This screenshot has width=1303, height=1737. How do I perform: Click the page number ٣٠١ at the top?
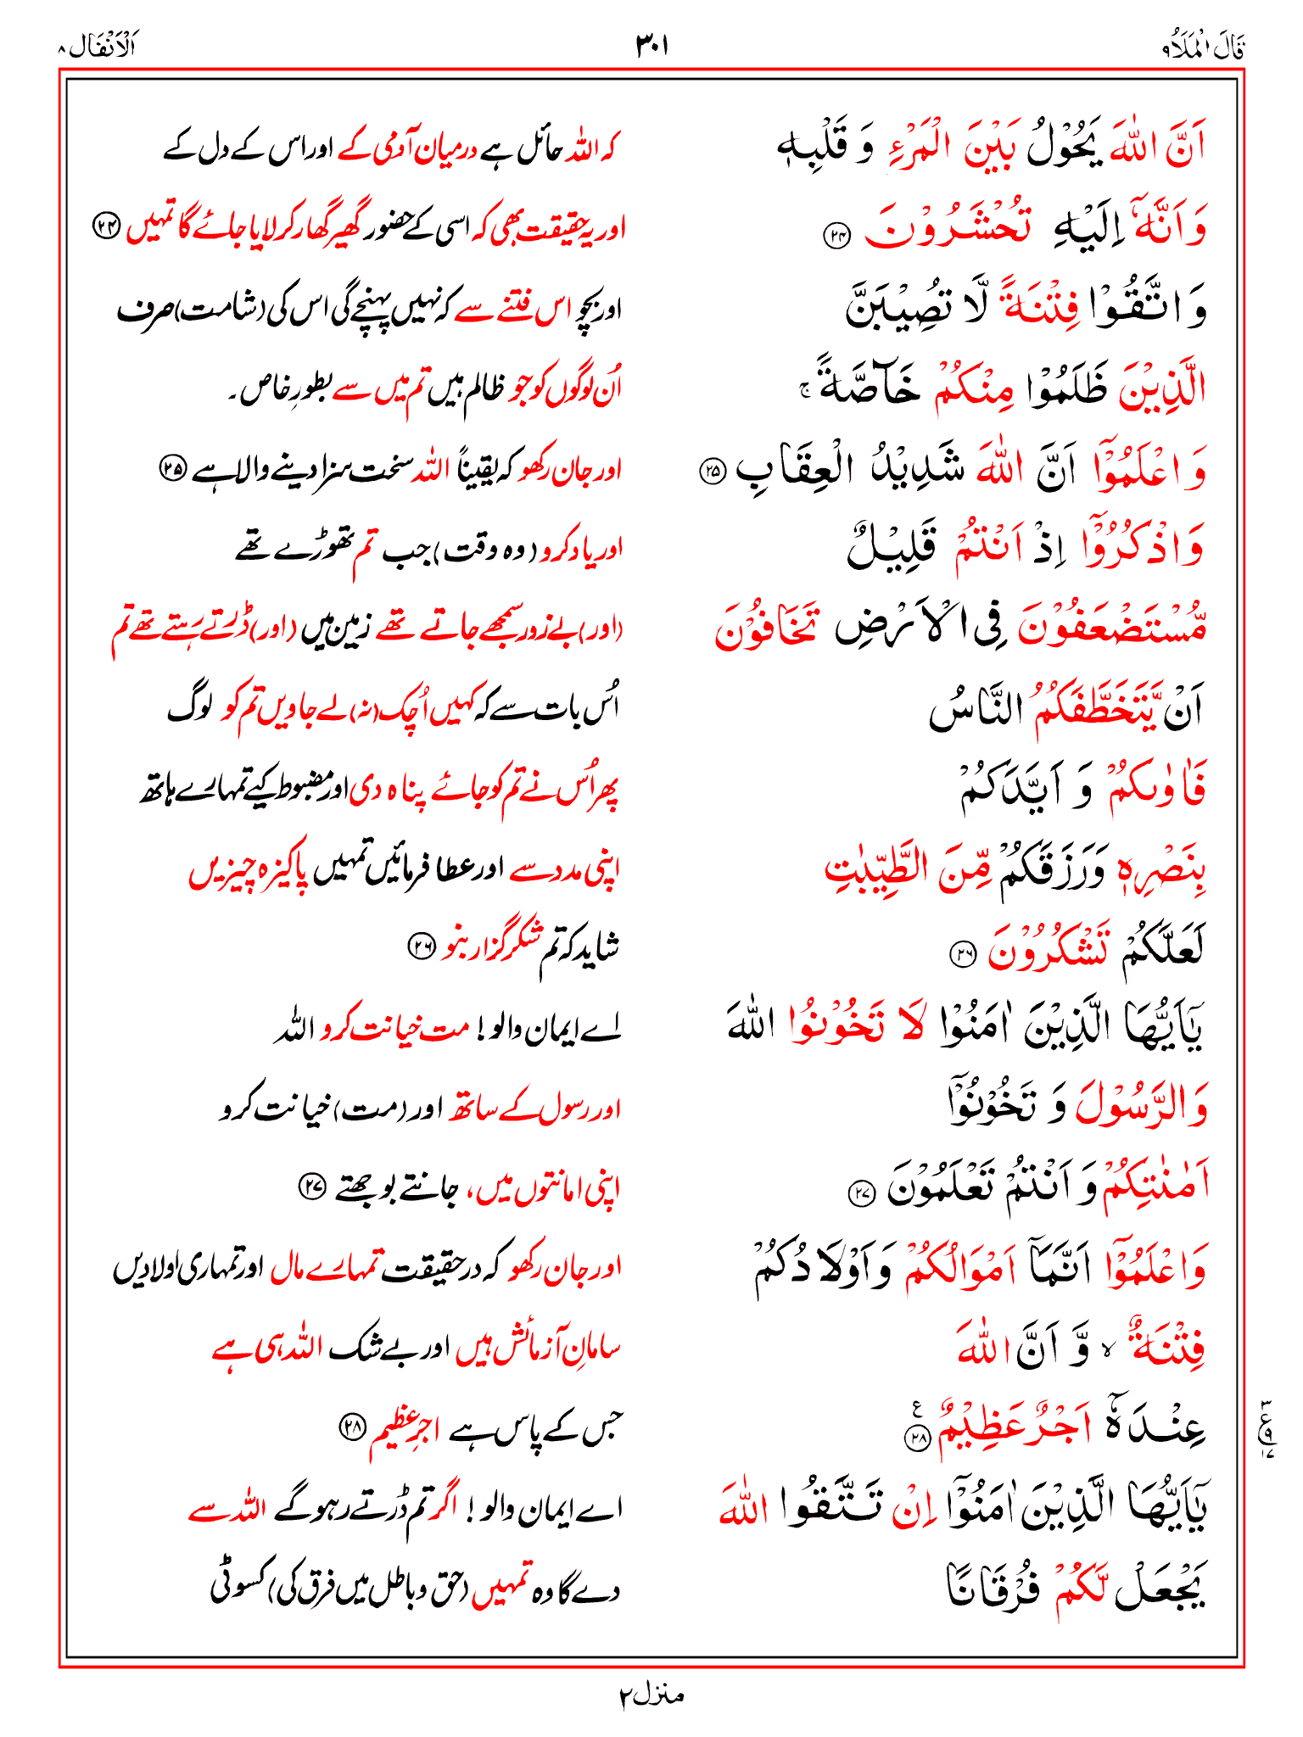coord(651,45)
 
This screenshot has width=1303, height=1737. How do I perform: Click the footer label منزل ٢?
coord(651,1695)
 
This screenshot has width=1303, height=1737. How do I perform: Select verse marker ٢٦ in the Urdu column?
coord(421,947)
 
